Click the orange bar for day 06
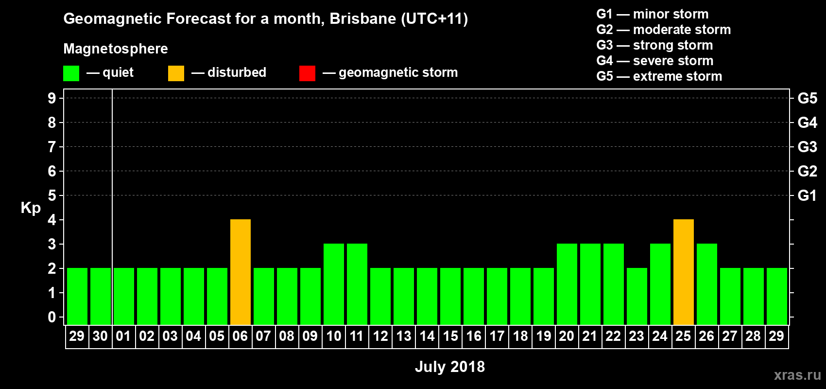[241, 272]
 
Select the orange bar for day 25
[684, 272]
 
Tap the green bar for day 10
[334, 284]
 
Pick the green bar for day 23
[637, 296]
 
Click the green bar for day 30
[101, 296]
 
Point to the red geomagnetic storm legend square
[307, 73]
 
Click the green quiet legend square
[71, 73]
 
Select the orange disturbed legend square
[176, 73]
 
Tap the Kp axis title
[31, 208]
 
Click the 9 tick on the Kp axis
[52, 98]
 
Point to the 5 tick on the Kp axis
[52, 195]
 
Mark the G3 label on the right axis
[807, 147]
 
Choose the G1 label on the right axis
[807, 195]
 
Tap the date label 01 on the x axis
[123, 336]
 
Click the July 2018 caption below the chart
[450, 367]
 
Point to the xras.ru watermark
[797, 375]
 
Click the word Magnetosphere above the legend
[116, 49]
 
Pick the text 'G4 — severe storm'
[655, 61]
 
